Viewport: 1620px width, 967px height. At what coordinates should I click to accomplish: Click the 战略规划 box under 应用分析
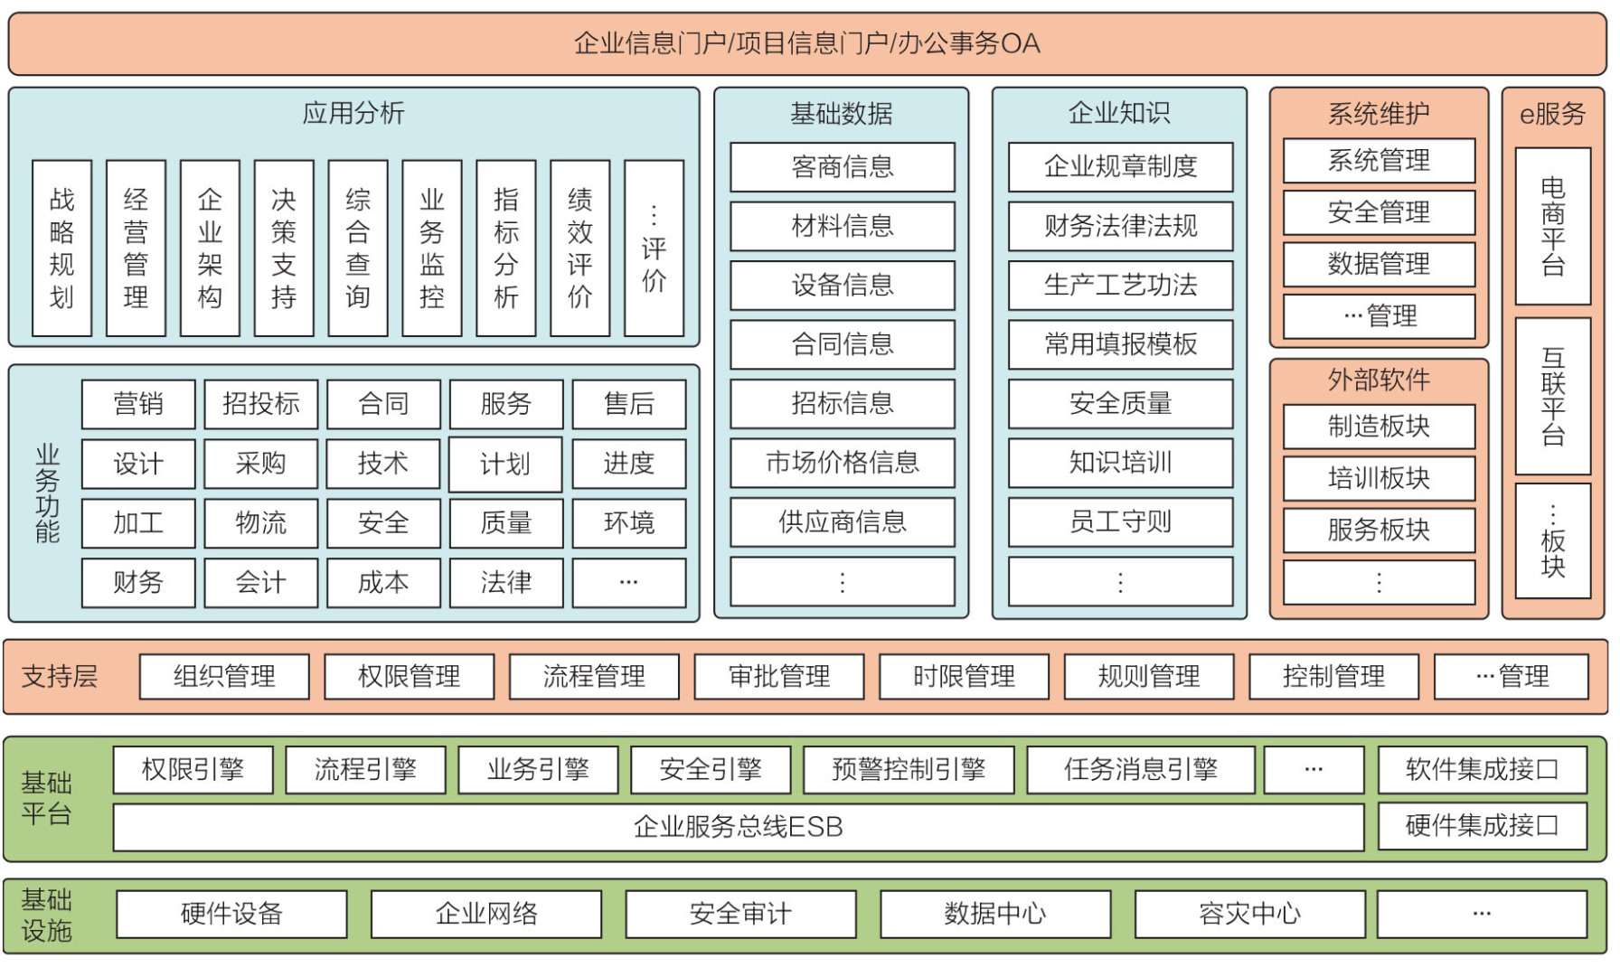pyautogui.click(x=61, y=248)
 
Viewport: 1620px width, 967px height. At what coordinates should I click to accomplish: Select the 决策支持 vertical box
pyautogui.click(x=284, y=248)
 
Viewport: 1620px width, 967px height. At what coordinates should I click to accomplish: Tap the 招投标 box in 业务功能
pyautogui.click(x=261, y=403)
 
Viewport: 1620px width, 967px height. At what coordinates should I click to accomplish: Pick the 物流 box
pyautogui.click(x=261, y=522)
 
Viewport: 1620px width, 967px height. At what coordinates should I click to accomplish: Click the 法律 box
pyautogui.click(x=506, y=582)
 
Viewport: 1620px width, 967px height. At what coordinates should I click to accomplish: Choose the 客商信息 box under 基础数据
pyautogui.click(x=842, y=167)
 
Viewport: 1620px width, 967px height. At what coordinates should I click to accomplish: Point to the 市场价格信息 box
pyautogui.click(x=842, y=463)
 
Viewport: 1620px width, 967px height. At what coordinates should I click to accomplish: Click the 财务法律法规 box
pyautogui.click(x=1120, y=226)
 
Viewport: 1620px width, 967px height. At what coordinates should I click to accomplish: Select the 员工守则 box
pyautogui.click(x=1120, y=521)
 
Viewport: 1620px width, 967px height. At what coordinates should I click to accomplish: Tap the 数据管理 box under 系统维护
pyautogui.click(x=1379, y=264)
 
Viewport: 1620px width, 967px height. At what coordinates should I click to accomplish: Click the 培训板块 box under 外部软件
pyautogui.click(x=1379, y=478)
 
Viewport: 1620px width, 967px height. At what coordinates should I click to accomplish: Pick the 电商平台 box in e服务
pyautogui.click(x=1552, y=226)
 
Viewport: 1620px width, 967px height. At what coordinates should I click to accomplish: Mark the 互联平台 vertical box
pyautogui.click(x=1552, y=396)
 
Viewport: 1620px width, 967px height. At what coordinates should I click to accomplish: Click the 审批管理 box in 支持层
pyautogui.click(x=779, y=676)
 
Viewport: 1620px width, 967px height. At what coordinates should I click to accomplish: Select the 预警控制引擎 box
pyautogui.click(x=909, y=769)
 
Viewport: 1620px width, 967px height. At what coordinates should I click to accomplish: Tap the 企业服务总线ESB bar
pyautogui.click(x=738, y=827)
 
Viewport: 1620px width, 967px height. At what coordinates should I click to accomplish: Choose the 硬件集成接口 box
pyautogui.click(x=1482, y=825)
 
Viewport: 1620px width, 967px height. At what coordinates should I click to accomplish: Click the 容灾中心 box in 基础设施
pyautogui.click(x=1249, y=914)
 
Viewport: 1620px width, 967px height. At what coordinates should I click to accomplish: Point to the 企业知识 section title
pyautogui.click(x=1119, y=113)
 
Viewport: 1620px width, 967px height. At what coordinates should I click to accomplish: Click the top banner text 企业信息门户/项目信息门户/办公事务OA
pyautogui.click(x=806, y=43)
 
